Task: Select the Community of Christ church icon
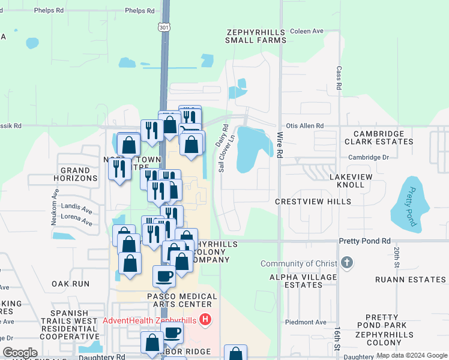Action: coord(346,263)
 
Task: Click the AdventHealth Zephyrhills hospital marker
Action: coord(205,320)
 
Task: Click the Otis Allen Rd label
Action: coord(305,126)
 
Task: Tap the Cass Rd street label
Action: coord(339,78)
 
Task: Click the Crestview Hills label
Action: coord(313,202)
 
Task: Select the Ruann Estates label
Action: coord(411,280)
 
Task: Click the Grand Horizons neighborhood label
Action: coord(76,175)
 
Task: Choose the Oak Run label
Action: coord(70,283)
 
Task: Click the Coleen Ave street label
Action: coord(306,31)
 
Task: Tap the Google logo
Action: coord(20,353)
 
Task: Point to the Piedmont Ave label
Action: coord(306,322)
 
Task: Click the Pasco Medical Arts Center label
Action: coord(182,301)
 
